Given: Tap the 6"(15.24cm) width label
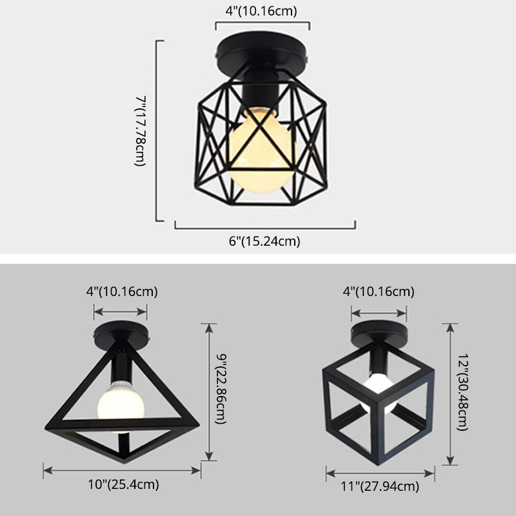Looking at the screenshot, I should pyautogui.click(x=265, y=242).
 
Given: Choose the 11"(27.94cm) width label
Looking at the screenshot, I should pyautogui.click(x=381, y=487).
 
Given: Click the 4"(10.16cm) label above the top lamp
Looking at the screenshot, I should pyautogui.click(x=262, y=11).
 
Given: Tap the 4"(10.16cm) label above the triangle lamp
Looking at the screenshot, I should pyautogui.click(x=122, y=291).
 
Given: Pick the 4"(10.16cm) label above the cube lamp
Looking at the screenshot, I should pyautogui.click(x=378, y=291).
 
